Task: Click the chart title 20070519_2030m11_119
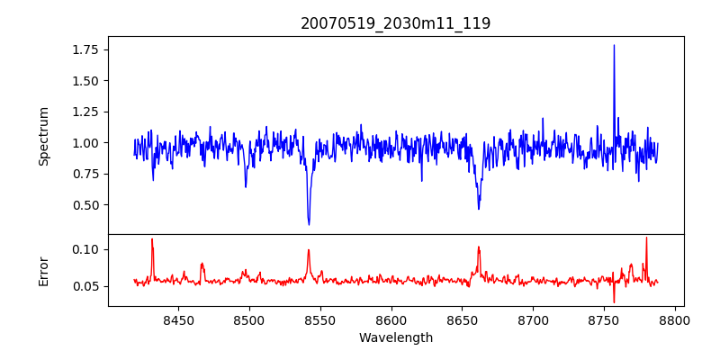pyautogui.click(x=396, y=23)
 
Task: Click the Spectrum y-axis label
pyautogui.click(x=43, y=136)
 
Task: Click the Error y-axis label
pyautogui.click(x=43, y=270)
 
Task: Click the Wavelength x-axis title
pyautogui.click(x=396, y=337)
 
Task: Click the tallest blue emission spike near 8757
pyautogui.click(x=614, y=46)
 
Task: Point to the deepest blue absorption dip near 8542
pyautogui.click(x=309, y=224)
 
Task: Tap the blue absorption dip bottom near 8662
pyautogui.click(x=479, y=209)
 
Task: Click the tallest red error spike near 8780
pyautogui.click(x=646, y=238)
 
